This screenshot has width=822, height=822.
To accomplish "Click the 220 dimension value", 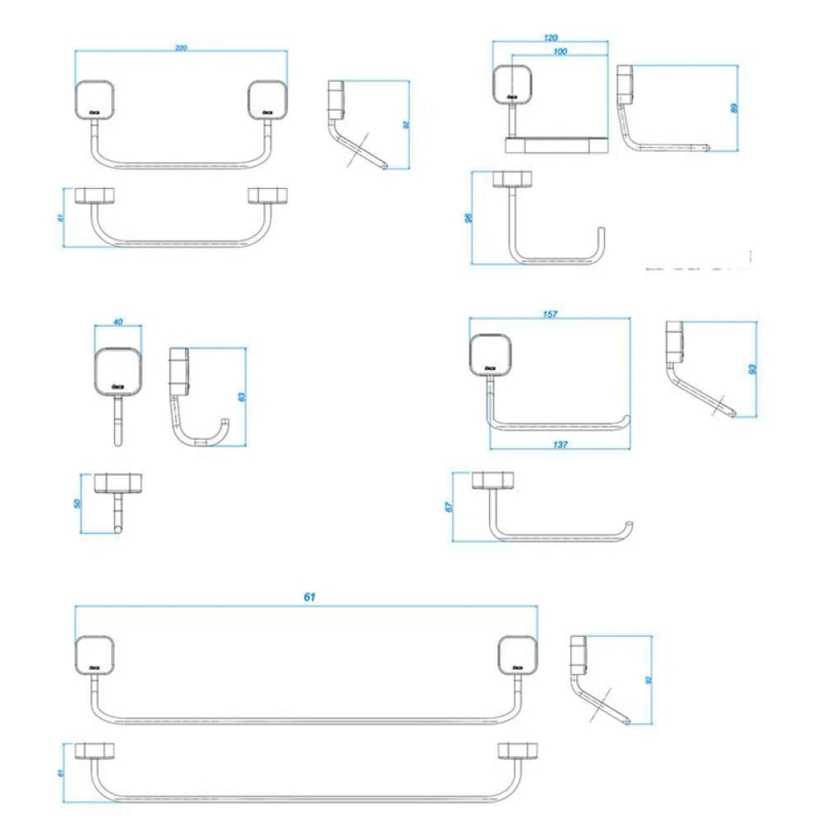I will [181, 48].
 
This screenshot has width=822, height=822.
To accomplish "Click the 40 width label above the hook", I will [118, 322].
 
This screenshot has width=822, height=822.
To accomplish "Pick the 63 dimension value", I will [242, 396].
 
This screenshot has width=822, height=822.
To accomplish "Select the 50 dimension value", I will [78, 502].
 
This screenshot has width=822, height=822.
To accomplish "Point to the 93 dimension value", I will [752, 369].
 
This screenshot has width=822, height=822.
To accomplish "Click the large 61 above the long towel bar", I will [309, 598].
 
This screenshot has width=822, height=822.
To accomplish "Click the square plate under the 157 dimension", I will [489, 353].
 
